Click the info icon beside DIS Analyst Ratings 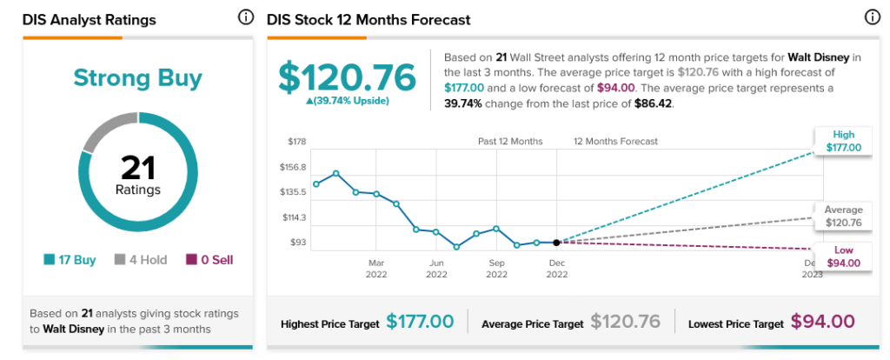245,17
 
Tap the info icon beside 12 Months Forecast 872,17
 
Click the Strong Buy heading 138,77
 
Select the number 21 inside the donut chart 138,168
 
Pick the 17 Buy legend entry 70,260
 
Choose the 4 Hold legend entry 141,260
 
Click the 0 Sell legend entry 209,260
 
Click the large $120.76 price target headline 347,77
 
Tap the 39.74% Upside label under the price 347,101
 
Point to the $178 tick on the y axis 297,142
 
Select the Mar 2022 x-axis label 375,269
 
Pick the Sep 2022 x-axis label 496,269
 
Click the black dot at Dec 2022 556,243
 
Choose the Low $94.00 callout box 843,257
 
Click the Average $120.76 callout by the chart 843,217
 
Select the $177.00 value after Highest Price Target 420,322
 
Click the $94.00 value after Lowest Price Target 822,322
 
